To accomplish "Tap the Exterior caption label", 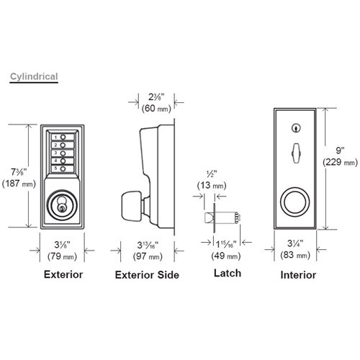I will tap(63, 274).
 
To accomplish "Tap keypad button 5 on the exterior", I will tap(63, 168).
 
